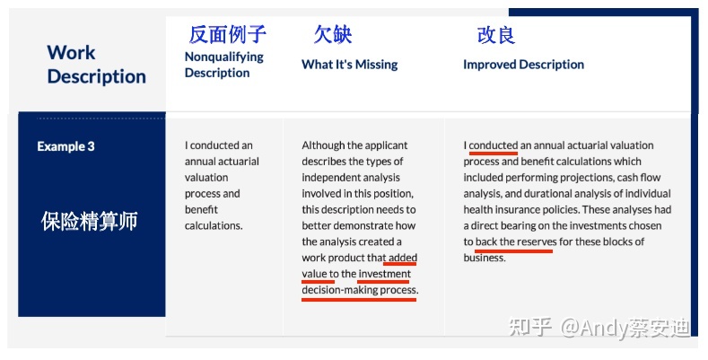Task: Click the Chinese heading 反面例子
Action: coord(228,35)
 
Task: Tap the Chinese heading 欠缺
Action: coord(333,35)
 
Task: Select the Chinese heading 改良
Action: coord(496,35)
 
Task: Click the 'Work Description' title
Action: coord(96,64)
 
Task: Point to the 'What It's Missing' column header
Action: coord(349,65)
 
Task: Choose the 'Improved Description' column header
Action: coord(523,65)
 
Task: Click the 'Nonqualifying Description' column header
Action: coord(224,65)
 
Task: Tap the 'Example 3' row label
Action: coord(66,146)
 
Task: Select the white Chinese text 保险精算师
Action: coord(90,222)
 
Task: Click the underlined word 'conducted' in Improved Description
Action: coord(493,145)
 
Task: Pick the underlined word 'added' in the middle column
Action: coord(403,258)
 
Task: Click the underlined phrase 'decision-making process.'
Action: coord(360,290)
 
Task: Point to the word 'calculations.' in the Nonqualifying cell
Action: coord(214,226)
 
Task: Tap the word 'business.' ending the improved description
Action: coord(485,258)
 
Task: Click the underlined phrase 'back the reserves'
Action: coord(516,242)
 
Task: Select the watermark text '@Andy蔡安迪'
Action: coord(625,327)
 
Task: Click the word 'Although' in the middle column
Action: coord(320,145)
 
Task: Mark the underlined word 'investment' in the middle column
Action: coord(385,274)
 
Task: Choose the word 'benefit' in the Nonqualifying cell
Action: coord(201,209)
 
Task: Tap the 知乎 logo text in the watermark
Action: coord(530,327)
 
